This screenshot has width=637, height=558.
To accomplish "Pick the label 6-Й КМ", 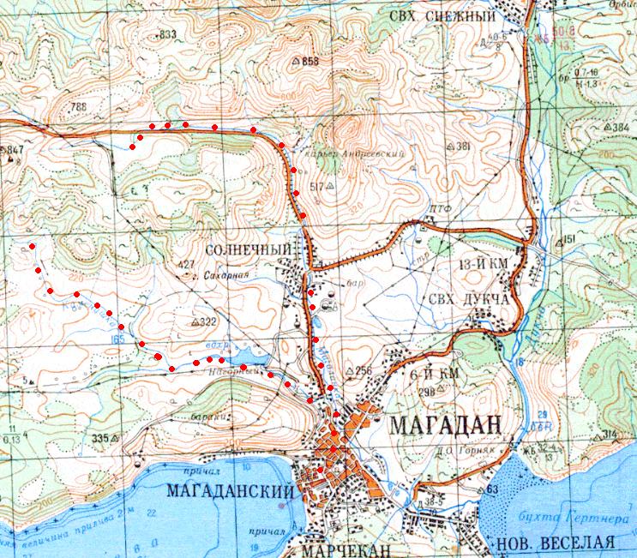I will pyautogui.click(x=432, y=374).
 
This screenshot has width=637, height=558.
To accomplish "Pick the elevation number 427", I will pyautogui.click(x=184, y=264).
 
